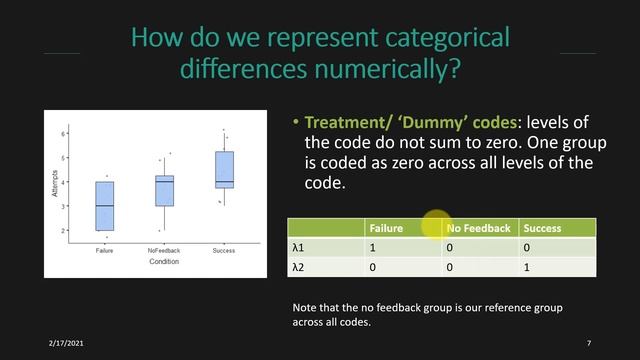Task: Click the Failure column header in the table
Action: click(386, 228)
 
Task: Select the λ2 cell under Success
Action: click(527, 267)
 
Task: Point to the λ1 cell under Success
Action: click(527, 248)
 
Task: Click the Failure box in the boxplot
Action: click(105, 205)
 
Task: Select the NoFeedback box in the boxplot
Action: click(165, 190)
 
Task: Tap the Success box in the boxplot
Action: click(225, 169)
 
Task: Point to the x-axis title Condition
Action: click(164, 263)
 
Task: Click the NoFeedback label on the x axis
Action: click(164, 251)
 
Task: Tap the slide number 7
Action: click(589, 343)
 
